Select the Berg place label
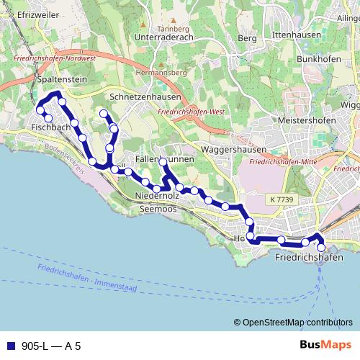pos(247,38)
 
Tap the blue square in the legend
pos(12,346)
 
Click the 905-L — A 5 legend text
pos(51,346)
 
